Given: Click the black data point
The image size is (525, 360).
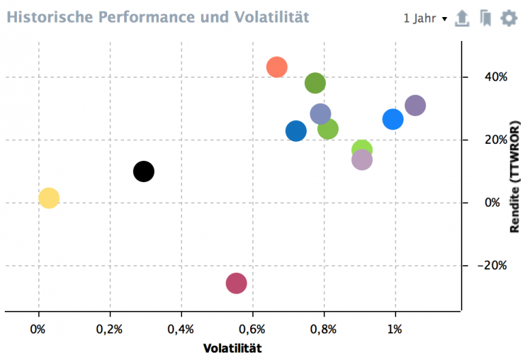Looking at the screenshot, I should tap(143, 171).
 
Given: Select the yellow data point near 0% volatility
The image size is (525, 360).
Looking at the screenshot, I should tap(48, 198).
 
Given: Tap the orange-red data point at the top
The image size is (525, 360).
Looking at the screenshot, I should tap(276, 67).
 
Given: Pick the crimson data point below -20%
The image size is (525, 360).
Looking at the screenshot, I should tap(236, 282).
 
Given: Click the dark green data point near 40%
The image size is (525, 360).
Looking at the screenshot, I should tap(315, 83).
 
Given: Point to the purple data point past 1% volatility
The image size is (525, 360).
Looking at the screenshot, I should tap(415, 106).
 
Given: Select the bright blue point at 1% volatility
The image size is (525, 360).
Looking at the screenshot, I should tap(393, 119).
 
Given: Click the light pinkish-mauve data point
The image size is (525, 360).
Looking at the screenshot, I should tap(362, 160).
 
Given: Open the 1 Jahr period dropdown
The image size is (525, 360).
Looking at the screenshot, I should tap(425, 18).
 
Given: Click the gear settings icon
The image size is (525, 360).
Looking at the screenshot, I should tap(509, 18).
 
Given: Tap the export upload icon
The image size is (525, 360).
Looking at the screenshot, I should tap(462, 18).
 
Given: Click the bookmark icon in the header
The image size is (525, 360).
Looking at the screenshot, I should tap(485, 18).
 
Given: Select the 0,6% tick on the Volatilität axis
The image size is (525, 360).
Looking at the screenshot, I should tap(252, 329).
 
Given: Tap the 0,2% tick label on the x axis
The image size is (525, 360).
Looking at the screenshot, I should tap(109, 329).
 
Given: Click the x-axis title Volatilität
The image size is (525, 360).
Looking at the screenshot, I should tap(232, 348).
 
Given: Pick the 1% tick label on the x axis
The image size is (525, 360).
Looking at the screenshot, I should tap(395, 329).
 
